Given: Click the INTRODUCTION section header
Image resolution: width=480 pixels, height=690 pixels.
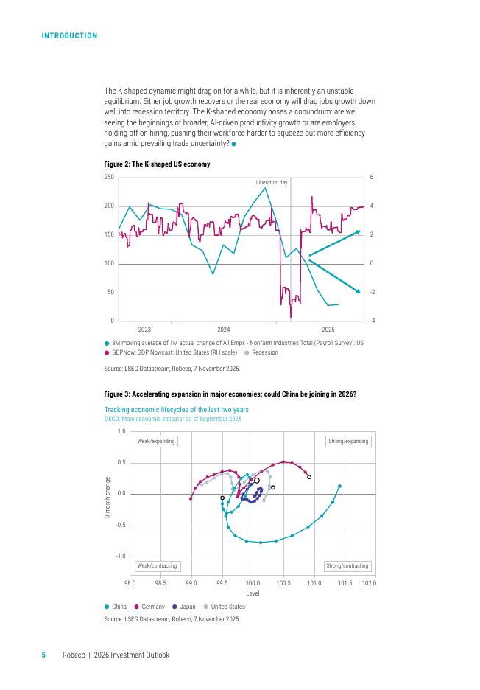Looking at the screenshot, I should (69, 36).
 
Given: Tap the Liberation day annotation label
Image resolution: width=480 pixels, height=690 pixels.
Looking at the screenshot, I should (271, 182).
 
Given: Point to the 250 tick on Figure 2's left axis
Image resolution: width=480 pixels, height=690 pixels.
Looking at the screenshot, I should (109, 178).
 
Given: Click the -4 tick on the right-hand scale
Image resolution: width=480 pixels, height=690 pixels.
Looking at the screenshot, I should (372, 321).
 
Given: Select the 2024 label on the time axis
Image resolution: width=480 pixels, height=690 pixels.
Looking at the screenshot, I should (224, 329).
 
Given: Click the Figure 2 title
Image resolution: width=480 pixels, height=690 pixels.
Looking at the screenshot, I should (157, 164).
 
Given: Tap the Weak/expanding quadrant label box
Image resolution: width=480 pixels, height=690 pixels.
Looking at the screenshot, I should (156, 442).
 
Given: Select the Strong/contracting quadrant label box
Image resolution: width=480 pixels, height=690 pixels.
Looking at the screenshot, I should (347, 566).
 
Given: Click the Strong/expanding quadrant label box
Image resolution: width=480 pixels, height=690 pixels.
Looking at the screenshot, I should (347, 442).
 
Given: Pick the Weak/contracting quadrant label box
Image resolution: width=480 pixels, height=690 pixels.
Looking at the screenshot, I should (157, 566).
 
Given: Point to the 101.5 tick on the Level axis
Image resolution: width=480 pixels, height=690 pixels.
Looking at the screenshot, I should (345, 582).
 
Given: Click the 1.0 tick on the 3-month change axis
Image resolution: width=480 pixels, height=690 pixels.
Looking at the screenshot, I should (121, 431).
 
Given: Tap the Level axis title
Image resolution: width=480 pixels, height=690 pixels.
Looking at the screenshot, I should (252, 593).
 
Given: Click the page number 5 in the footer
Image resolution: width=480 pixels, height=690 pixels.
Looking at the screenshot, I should (43, 655).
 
